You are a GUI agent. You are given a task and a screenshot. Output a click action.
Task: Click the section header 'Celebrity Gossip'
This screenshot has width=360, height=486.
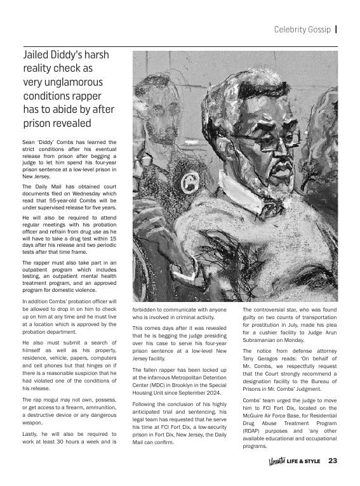(302, 29)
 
